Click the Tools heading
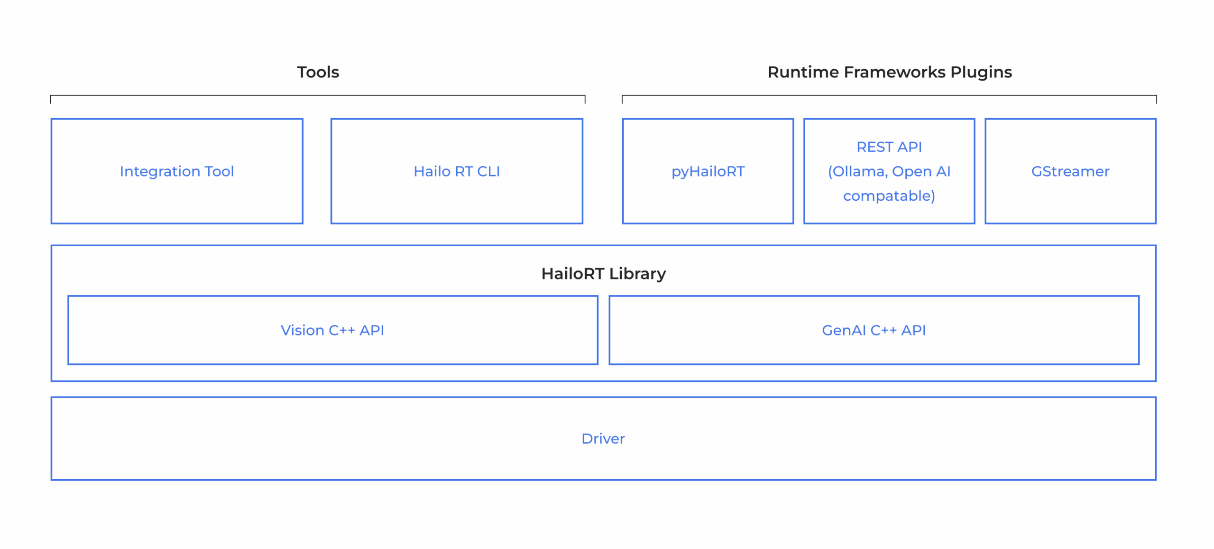point(318,72)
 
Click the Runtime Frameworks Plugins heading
point(890,72)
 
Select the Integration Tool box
point(177,171)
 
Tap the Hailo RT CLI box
point(457,171)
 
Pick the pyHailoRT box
point(708,171)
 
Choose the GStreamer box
point(1070,171)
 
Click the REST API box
point(889,171)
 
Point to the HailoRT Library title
point(604,274)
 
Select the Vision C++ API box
point(333,330)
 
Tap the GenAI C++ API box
point(874,330)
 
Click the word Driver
point(603,438)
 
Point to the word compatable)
point(889,196)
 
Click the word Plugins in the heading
point(981,72)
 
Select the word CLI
point(488,171)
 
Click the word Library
point(637,274)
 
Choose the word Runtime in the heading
point(803,72)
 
